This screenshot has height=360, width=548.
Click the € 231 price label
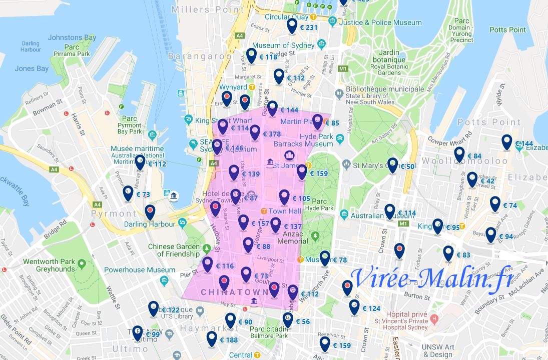[309, 27]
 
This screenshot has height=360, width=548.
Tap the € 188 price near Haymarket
[229, 340]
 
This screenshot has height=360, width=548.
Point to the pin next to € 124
[354, 306]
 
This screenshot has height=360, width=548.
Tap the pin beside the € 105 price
[284, 197]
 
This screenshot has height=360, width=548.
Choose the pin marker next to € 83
[448, 253]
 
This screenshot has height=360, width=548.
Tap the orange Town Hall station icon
[264, 211]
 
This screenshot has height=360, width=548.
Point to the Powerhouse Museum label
[133, 270]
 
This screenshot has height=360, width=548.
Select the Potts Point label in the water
[507, 30]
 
